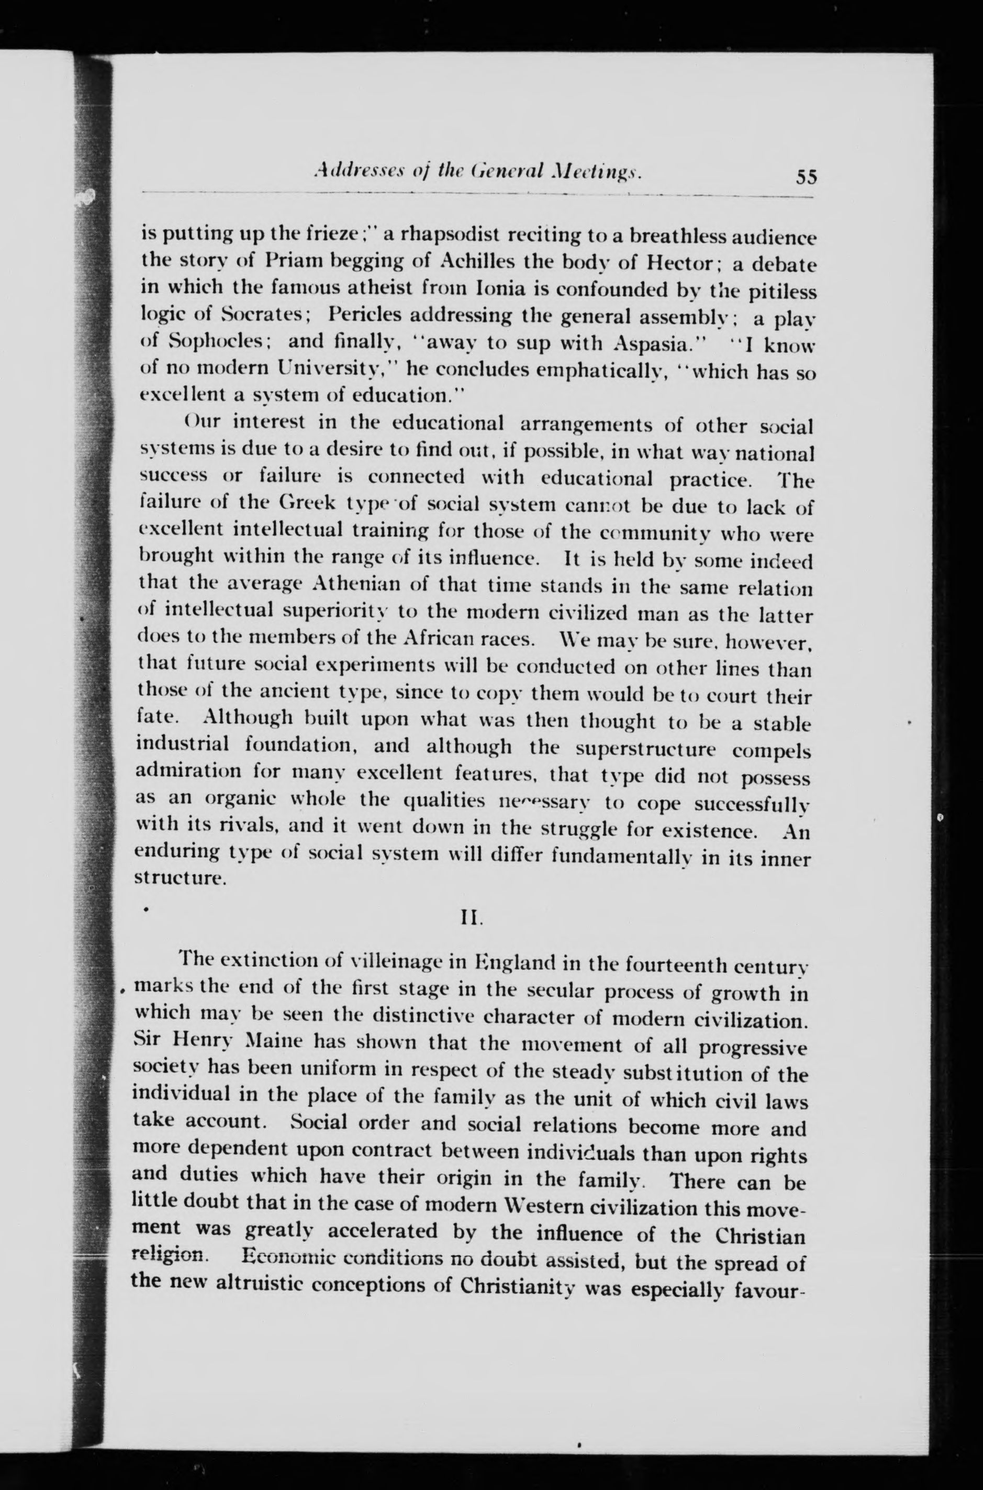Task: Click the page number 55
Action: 806,177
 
